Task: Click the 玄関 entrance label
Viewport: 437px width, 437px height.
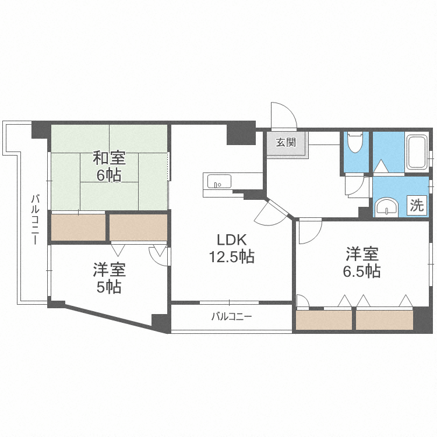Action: pos(286,142)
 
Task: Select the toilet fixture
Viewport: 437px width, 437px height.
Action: pos(354,142)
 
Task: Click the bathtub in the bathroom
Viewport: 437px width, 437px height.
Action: pos(415,152)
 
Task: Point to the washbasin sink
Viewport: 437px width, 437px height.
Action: pos(385,206)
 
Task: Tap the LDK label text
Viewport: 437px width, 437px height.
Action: pos(232,239)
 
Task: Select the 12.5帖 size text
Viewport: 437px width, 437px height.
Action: pos(232,256)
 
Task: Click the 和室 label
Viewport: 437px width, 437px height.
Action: pos(109,158)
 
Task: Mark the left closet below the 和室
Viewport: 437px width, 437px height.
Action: pos(78,227)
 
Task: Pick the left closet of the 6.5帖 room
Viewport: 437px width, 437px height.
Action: pos(324,320)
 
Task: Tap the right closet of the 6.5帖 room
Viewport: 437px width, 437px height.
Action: pos(384,320)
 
